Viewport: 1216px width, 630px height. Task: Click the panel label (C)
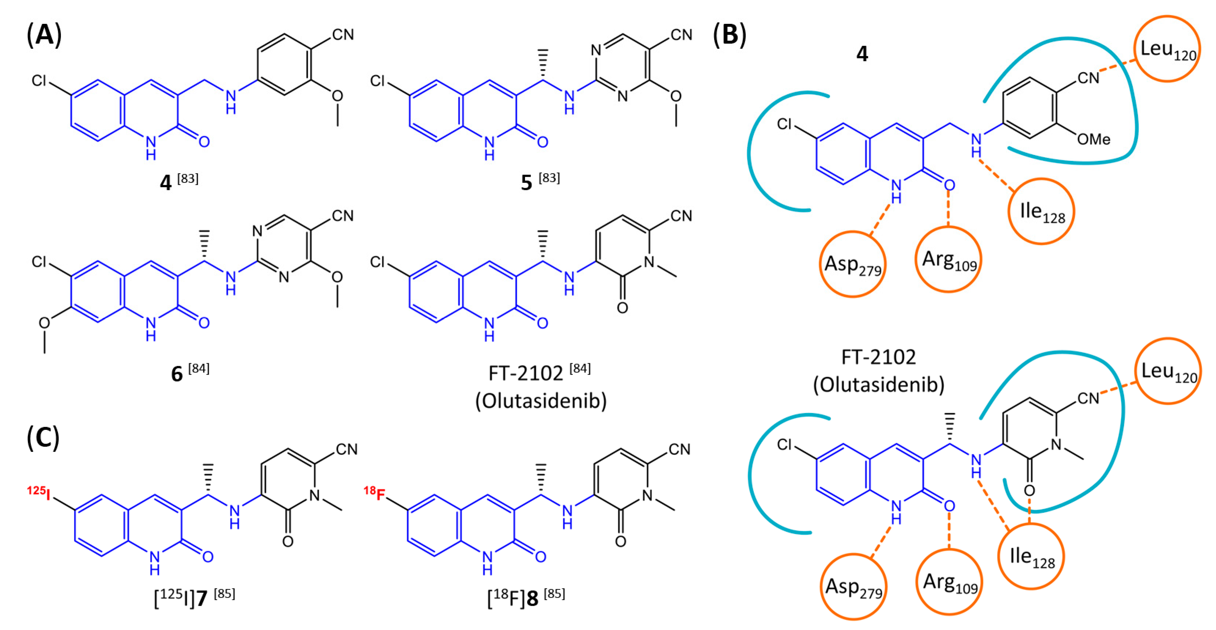pyautogui.click(x=43, y=438)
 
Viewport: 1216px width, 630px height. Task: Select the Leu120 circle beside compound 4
pyautogui.click(x=1167, y=49)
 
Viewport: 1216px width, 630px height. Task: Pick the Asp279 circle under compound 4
pyautogui.click(x=853, y=264)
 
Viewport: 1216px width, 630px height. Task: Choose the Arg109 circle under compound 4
pyautogui.click(x=948, y=259)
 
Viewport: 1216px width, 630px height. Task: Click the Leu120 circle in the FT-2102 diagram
pyautogui.click(x=1168, y=371)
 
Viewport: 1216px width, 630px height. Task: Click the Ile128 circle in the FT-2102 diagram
pyautogui.click(x=1031, y=556)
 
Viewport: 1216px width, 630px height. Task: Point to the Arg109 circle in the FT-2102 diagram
pyautogui.click(x=949, y=582)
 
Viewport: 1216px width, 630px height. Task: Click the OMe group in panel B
pyautogui.click(x=1093, y=139)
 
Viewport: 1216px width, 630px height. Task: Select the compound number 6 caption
pyautogui.click(x=177, y=374)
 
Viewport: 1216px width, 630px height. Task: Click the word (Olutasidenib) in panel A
pyautogui.click(x=541, y=401)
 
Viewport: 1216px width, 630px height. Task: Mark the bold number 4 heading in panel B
pyautogui.click(x=862, y=54)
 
